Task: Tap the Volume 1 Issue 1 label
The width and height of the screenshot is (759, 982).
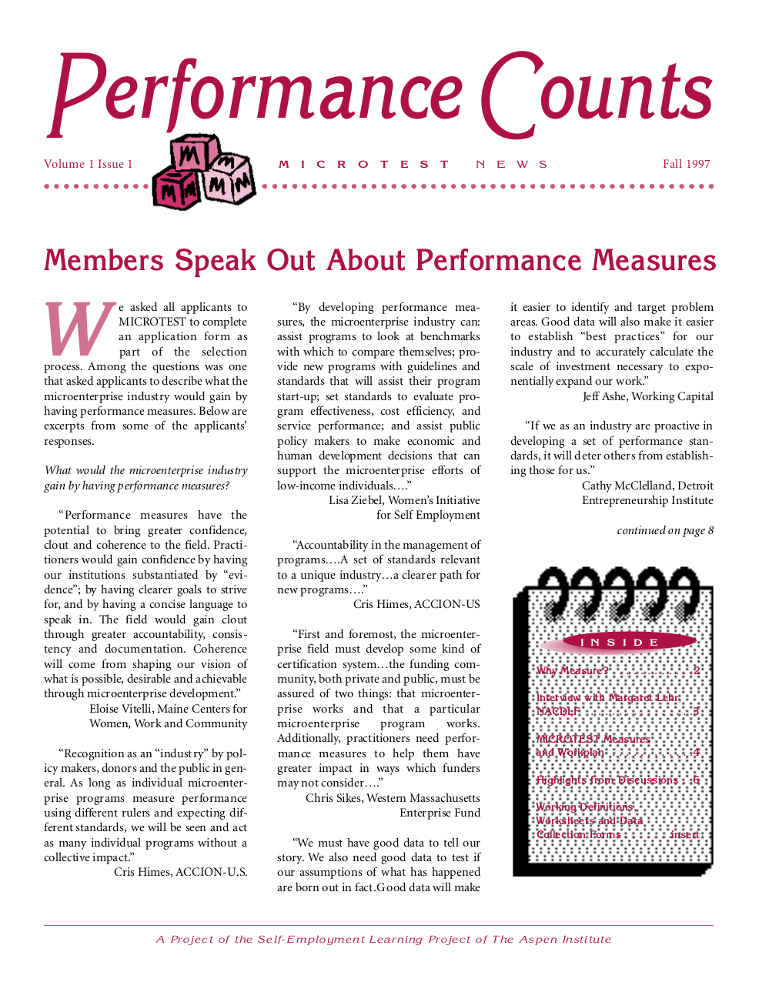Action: [x=89, y=164]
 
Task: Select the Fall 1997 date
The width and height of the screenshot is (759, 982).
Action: [x=686, y=164]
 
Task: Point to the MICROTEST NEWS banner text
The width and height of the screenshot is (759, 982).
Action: [x=413, y=165]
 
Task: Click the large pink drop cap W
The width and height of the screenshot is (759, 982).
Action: [x=78, y=329]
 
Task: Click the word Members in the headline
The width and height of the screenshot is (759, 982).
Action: [x=104, y=261]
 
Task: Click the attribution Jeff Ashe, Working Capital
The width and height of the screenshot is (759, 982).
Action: [x=647, y=396]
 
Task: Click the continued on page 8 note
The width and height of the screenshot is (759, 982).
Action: [x=665, y=530]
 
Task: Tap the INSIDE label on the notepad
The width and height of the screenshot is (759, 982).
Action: [x=619, y=642]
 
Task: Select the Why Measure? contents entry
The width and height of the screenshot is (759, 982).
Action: [x=573, y=670]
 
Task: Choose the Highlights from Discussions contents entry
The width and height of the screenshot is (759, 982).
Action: [x=607, y=780]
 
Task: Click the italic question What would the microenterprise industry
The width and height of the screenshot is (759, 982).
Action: [x=146, y=470]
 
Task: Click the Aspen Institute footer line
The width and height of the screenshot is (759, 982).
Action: [x=383, y=939]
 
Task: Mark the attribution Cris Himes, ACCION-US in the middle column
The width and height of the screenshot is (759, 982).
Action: [x=416, y=604]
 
